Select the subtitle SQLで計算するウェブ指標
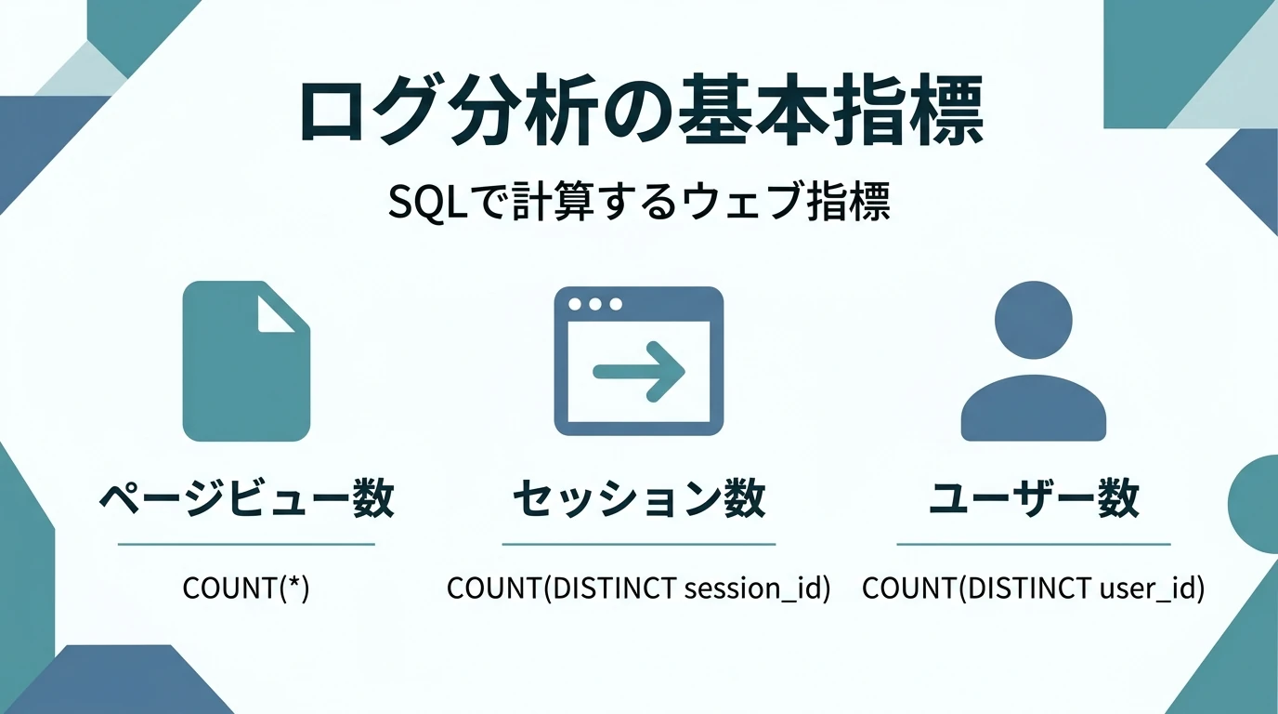click(x=639, y=203)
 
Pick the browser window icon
click(x=639, y=361)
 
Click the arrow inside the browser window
click(x=639, y=372)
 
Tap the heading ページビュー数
click(x=246, y=499)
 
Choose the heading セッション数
click(x=639, y=499)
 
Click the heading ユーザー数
click(x=1033, y=499)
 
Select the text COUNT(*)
click(x=246, y=588)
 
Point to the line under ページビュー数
click(x=246, y=544)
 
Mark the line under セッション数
click(x=639, y=544)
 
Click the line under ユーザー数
click(x=1033, y=544)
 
